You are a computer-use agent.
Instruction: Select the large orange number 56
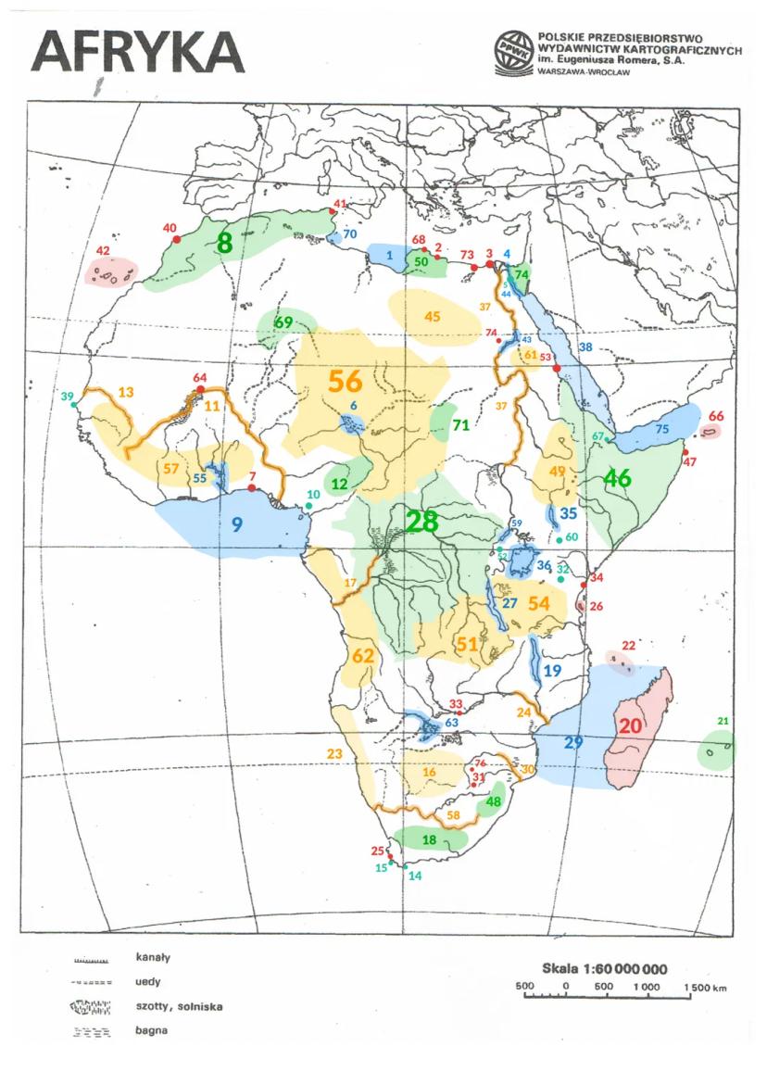[345, 382]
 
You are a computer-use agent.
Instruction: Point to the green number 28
[421, 521]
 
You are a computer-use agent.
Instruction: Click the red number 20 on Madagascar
[630, 725]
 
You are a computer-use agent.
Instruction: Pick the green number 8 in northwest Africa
[223, 244]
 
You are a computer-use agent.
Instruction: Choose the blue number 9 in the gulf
[237, 524]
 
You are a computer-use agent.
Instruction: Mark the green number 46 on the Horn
[617, 479]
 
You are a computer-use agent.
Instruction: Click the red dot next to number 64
[200, 391]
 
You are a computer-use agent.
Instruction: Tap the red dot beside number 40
[176, 239]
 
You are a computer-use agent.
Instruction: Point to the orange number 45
[432, 316]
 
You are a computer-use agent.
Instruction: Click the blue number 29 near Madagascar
[573, 743]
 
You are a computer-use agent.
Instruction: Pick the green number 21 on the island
[723, 723]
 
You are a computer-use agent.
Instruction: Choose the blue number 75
[661, 429]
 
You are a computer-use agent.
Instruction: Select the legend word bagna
[150, 1029]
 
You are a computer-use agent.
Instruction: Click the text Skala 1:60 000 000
[604, 968]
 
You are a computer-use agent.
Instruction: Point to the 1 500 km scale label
[706, 988]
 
